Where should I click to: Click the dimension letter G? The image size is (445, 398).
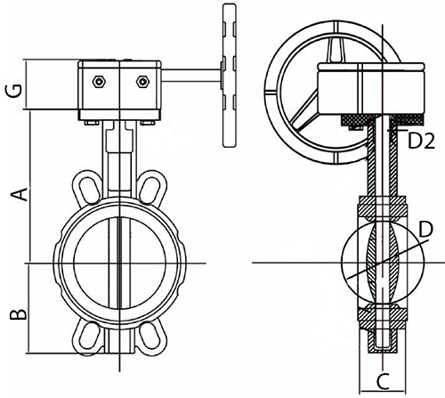coord(14,91)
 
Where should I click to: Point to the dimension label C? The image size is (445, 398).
coord(384,382)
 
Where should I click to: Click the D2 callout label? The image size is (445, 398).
coord(421,141)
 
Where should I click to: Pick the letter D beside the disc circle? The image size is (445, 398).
coord(426,230)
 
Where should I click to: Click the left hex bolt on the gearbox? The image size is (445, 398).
coord(99,82)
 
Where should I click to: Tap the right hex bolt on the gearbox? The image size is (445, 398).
coord(142,82)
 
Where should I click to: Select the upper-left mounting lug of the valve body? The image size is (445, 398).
coord(88,187)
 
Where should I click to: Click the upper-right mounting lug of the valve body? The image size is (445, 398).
coord(151,187)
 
